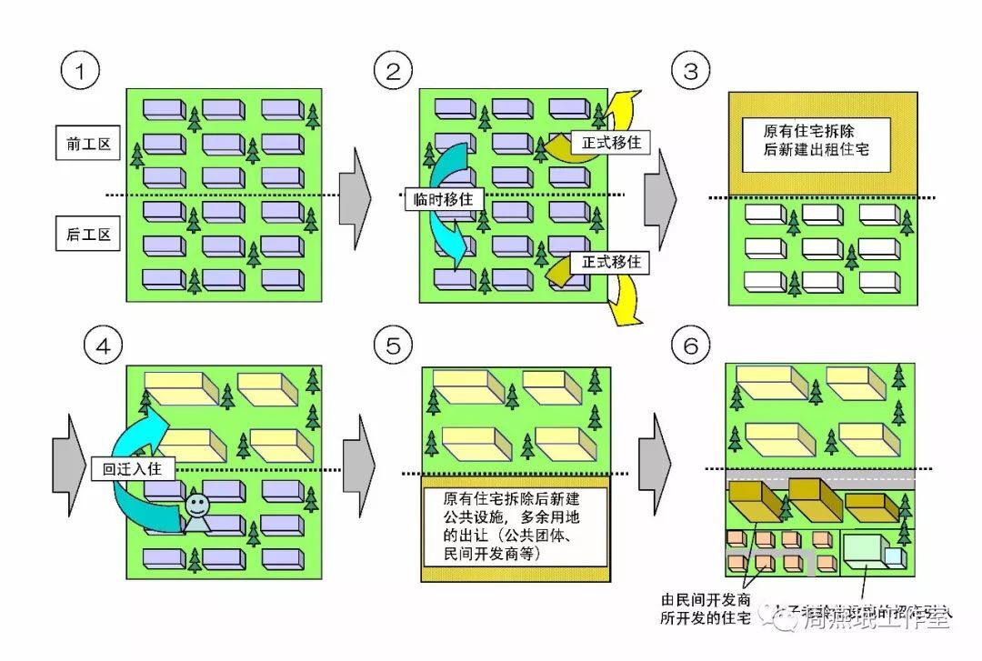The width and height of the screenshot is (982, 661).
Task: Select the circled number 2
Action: [393, 71]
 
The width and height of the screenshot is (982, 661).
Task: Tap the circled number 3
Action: [691, 71]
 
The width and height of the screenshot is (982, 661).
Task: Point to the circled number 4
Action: [102, 346]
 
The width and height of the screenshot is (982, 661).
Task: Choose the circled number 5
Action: [393, 346]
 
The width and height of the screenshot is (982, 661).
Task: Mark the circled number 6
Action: [691, 346]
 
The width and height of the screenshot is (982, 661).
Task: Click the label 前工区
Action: [88, 143]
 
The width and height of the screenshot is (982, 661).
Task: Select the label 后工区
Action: [88, 235]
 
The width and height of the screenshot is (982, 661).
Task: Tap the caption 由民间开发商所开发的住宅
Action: [706, 609]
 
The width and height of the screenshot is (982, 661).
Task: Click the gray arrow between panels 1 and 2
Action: [355, 195]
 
